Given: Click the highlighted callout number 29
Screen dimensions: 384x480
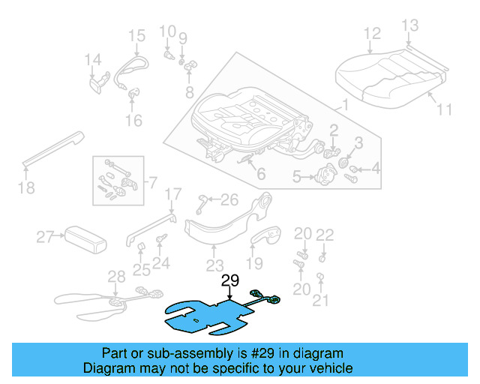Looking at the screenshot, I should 229,280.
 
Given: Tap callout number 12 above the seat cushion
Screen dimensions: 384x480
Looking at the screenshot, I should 373,33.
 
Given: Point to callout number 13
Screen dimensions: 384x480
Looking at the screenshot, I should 409,26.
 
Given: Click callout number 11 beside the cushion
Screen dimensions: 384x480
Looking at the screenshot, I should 445,109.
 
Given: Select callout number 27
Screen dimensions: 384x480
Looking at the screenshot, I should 46,238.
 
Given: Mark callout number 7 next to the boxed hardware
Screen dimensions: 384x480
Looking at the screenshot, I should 152,182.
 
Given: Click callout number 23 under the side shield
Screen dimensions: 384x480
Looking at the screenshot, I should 215,265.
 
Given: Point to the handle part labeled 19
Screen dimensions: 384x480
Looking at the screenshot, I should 266,238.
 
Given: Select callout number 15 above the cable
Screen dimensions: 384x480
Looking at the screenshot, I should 136,35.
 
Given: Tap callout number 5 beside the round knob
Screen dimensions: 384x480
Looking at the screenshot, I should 297,177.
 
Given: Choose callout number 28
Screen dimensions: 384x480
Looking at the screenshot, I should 116,276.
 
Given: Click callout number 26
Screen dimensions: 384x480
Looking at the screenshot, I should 229,199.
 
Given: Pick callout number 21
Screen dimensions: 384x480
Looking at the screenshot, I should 321,301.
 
